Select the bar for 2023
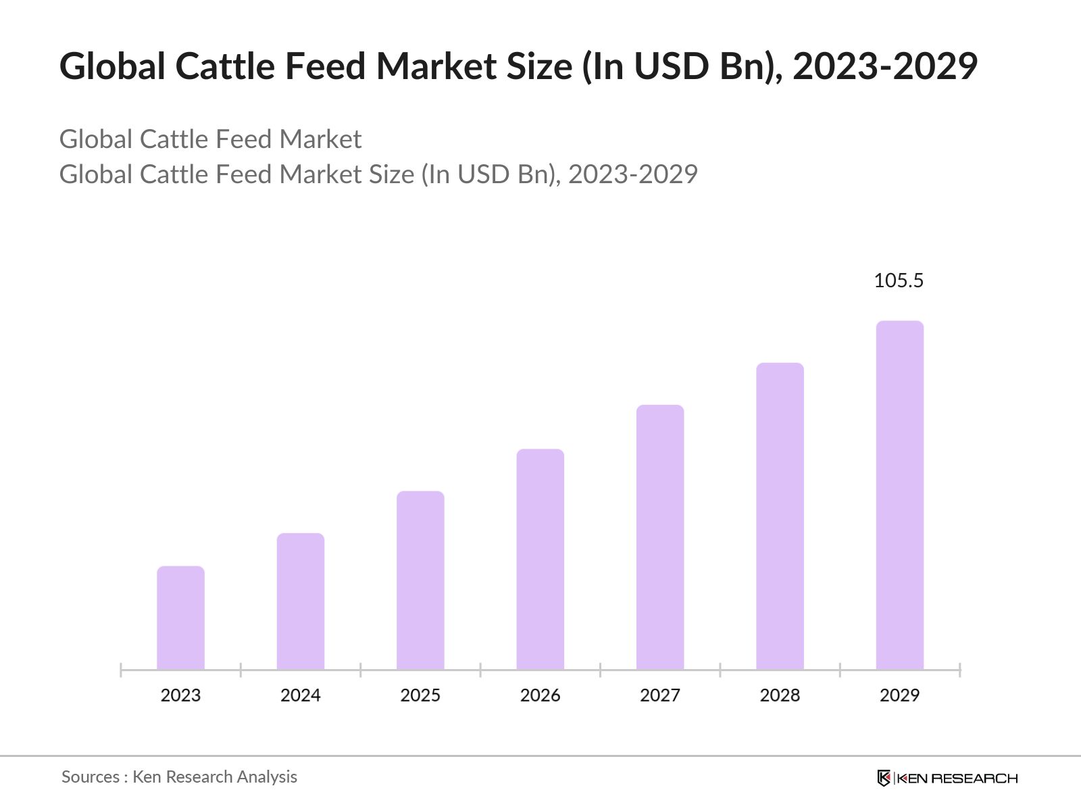[x=180, y=618]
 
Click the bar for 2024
[x=301, y=601]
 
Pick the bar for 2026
[x=540, y=559]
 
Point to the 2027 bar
[x=660, y=537]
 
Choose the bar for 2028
[x=780, y=516]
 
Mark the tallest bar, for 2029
[x=899, y=495]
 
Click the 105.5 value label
[x=898, y=280]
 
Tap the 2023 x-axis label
[x=180, y=695]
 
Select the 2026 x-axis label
[x=540, y=695]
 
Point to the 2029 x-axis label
[x=899, y=695]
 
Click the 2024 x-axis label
[x=301, y=695]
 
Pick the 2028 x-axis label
[x=780, y=695]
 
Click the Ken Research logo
[x=947, y=778]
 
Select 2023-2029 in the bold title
[x=884, y=66]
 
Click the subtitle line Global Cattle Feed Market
[x=210, y=139]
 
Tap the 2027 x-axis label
[x=660, y=695]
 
